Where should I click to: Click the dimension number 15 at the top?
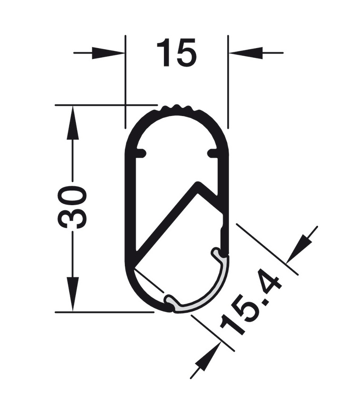point(176,52)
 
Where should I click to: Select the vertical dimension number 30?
point(73,207)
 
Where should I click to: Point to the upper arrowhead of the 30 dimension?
point(73,123)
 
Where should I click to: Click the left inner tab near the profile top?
point(141,153)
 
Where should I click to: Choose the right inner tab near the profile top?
point(213,153)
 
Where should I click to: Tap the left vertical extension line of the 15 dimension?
point(125,80)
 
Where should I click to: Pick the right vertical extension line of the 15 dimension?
point(228,80)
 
